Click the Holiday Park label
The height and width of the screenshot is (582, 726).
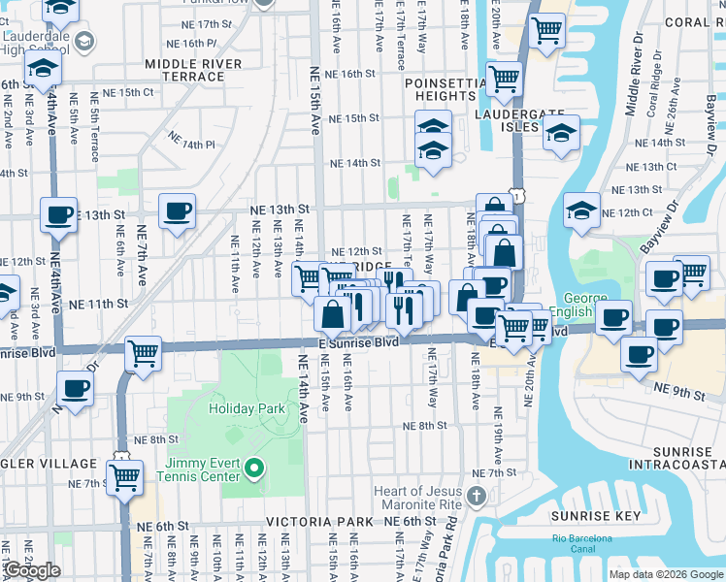tap(247, 408)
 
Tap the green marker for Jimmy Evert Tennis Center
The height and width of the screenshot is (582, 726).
tap(255, 470)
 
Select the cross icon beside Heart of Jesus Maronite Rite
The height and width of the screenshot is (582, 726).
tap(475, 498)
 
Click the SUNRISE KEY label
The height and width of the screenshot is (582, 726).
tap(589, 516)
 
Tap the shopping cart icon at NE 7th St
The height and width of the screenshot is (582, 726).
tap(124, 477)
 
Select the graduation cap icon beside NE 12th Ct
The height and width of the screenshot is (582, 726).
tap(580, 210)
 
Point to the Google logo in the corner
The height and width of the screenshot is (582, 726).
tap(31, 570)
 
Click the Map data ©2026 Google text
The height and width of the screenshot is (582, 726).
tap(667, 574)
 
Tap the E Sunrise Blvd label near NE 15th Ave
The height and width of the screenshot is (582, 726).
tap(358, 343)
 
